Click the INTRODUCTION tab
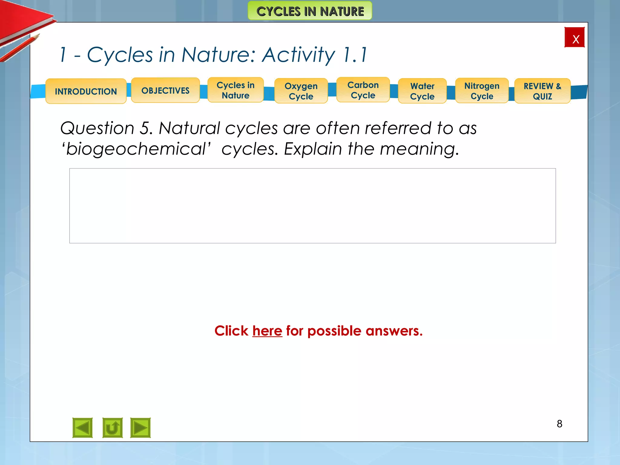click(x=86, y=91)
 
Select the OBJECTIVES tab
click(x=165, y=90)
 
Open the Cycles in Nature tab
click(x=236, y=90)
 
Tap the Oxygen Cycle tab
click(x=301, y=91)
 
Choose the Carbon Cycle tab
click(x=363, y=90)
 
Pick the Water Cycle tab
click(x=422, y=91)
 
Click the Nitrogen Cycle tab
click(x=482, y=91)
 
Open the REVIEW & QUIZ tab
click(x=542, y=91)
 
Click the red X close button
click(x=574, y=38)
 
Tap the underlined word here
click(x=267, y=331)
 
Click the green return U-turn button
click(x=112, y=428)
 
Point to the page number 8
click(x=559, y=424)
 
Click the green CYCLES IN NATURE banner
click(x=310, y=11)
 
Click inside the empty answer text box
click(x=312, y=206)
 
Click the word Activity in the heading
click(x=298, y=55)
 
